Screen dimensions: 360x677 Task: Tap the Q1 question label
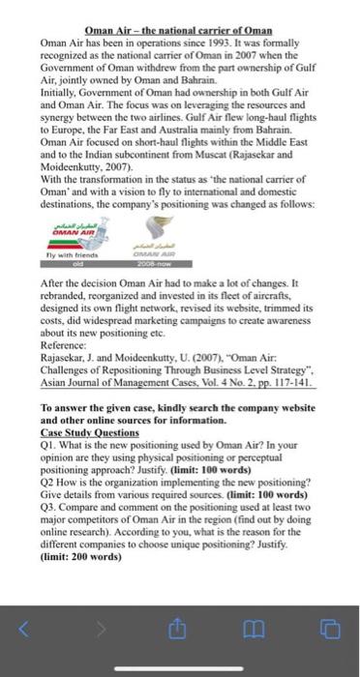[48, 442]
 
